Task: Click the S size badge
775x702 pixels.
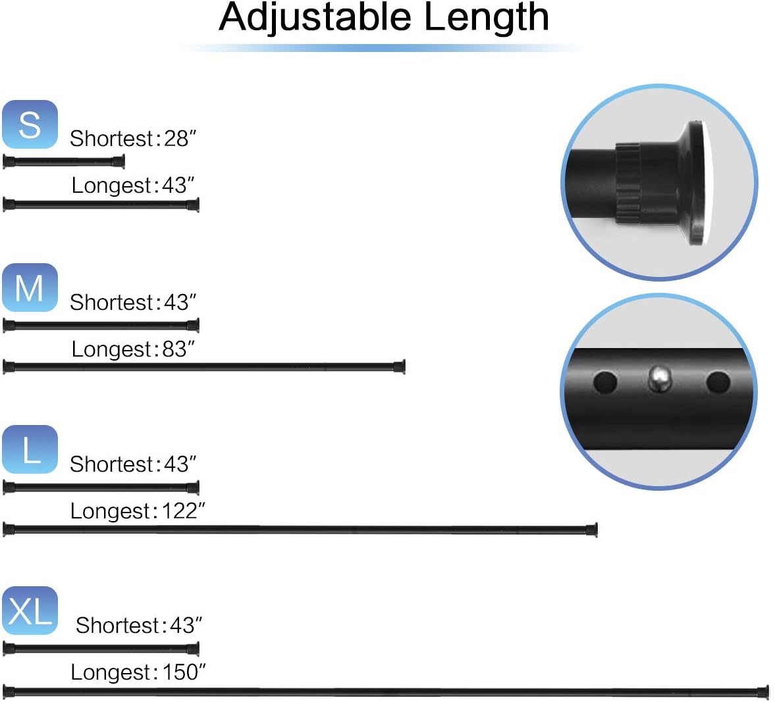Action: pyautogui.click(x=30, y=124)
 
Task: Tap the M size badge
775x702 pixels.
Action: pyautogui.click(x=30, y=288)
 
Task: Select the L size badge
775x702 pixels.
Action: pyautogui.click(x=30, y=449)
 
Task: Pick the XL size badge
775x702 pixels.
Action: pyautogui.click(x=30, y=611)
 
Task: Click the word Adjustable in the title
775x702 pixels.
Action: pyautogui.click(x=315, y=18)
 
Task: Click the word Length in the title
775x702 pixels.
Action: pyautogui.click(x=487, y=18)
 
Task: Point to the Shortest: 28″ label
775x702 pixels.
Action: pyautogui.click(x=133, y=138)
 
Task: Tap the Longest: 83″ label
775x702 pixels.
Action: pyautogui.click(x=133, y=349)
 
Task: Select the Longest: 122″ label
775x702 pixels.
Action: pyautogui.click(x=138, y=511)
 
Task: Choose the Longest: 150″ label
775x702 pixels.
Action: pyautogui.click(x=138, y=672)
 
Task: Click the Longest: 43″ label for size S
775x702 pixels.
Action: pyautogui.click(x=133, y=186)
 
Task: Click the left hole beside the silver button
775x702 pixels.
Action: pyautogui.click(x=605, y=382)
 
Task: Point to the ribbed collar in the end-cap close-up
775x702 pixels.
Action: pyautogui.click(x=629, y=183)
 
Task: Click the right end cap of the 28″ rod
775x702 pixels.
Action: pyautogui.click(x=119, y=161)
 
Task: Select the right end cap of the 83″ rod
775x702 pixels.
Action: pyautogui.click(x=400, y=366)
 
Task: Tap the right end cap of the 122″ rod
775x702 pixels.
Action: pyautogui.click(x=592, y=530)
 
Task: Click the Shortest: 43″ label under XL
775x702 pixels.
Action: pyautogui.click(x=139, y=626)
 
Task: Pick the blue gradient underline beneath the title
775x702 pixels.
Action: pyautogui.click(x=383, y=48)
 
